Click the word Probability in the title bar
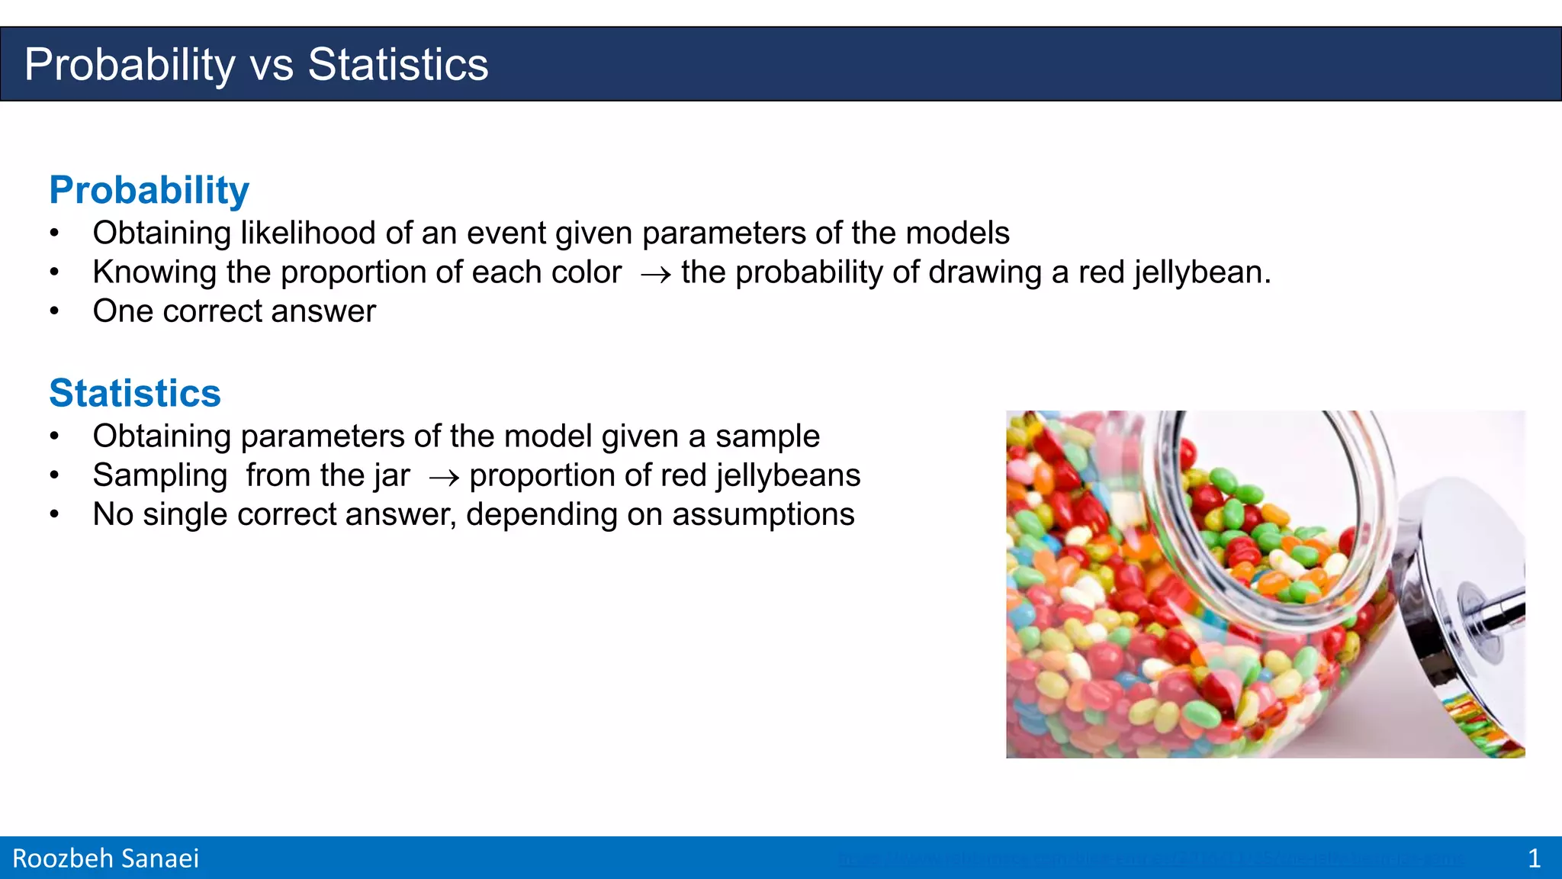click(x=130, y=65)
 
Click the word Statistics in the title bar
click(x=397, y=65)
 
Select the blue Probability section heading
click(x=149, y=190)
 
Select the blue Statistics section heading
click(x=135, y=393)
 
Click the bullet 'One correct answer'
click(x=234, y=311)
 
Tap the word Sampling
click(x=159, y=475)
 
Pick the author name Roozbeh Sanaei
click(x=105, y=858)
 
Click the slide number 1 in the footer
click(x=1534, y=858)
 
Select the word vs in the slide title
click(x=272, y=65)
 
